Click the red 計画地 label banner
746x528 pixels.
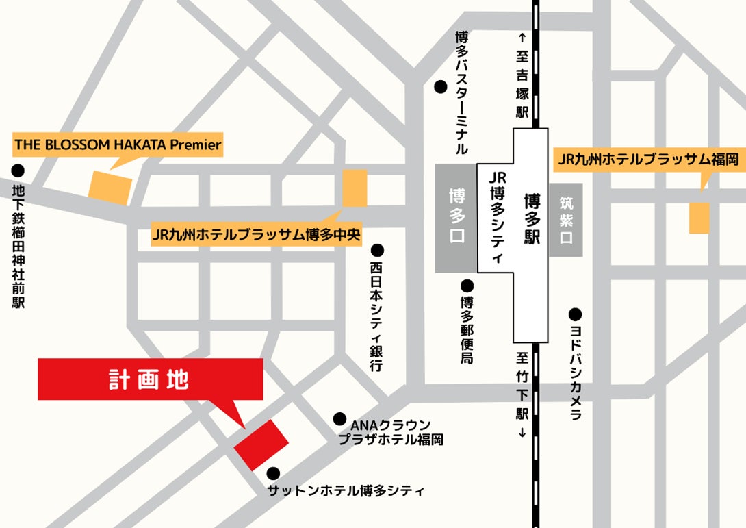pos(150,379)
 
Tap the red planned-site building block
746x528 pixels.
pos(261,444)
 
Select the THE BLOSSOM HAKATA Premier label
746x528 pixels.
pos(118,144)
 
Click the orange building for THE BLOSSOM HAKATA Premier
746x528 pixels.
pos(110,187)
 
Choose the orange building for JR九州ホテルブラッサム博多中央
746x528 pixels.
pos(354,188)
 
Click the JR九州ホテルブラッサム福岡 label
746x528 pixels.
pos(648,160)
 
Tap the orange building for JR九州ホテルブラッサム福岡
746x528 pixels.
pos(699,217)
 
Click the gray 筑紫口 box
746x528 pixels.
pos(565,220)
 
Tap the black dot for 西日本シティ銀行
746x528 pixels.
pos(377,251)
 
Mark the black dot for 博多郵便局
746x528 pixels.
pos(467,286)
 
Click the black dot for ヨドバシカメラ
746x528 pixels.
pos(575,315)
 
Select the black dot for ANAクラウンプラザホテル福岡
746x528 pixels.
pos(339,418)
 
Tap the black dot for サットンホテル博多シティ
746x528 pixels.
pos(273,473)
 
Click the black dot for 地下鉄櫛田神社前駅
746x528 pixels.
pos(18,170)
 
